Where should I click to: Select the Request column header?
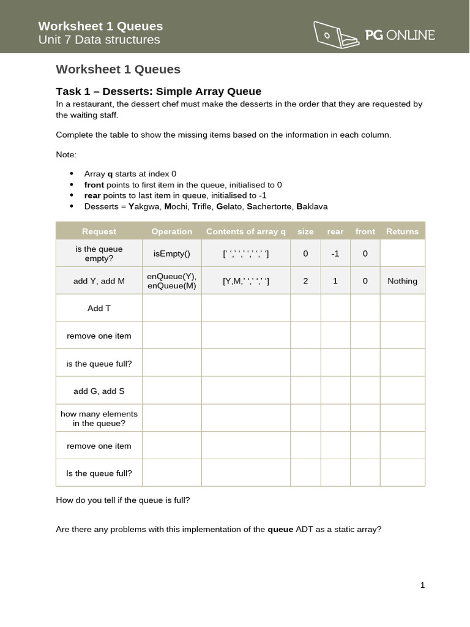coord(99,231)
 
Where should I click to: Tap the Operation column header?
coord(171,231)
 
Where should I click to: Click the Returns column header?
coord(402,231)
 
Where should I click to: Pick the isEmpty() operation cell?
coord(171,253)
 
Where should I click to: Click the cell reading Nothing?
coord(402,281)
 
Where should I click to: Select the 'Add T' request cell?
coord(99,308)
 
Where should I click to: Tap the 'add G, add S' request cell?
coord(99,391)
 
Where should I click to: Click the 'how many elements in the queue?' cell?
coord(99,418)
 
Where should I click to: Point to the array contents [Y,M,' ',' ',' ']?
coord(245,281)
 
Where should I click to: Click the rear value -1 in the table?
coord(335,253)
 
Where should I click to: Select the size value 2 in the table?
coord(305,281)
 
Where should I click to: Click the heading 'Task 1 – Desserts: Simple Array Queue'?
coord(159,91)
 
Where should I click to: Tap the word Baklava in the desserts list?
coord(313,206)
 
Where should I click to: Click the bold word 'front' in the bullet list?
coord(94,184)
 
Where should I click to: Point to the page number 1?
coord(422,585)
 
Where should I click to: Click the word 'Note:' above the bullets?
coord(66,154)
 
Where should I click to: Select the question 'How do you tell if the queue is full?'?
coord(123,500)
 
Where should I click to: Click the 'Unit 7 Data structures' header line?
coord(99,40)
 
